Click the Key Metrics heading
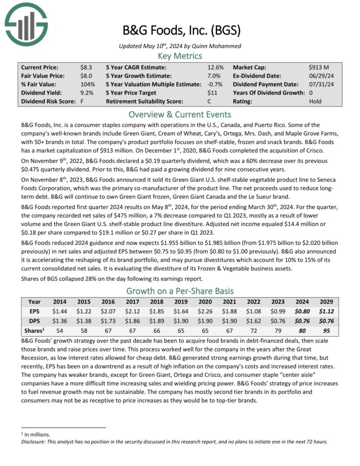click(x=180, y=55)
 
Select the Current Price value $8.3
click(x=86, y=67)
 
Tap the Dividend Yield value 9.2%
click(x=87, y=93)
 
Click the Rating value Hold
click(x=315, y=101)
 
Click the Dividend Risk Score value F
click(x=82, y=101)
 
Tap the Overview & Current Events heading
click(x=180, y=114)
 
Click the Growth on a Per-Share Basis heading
click(x=180, y=291)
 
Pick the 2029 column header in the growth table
click(x=325, y=302)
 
